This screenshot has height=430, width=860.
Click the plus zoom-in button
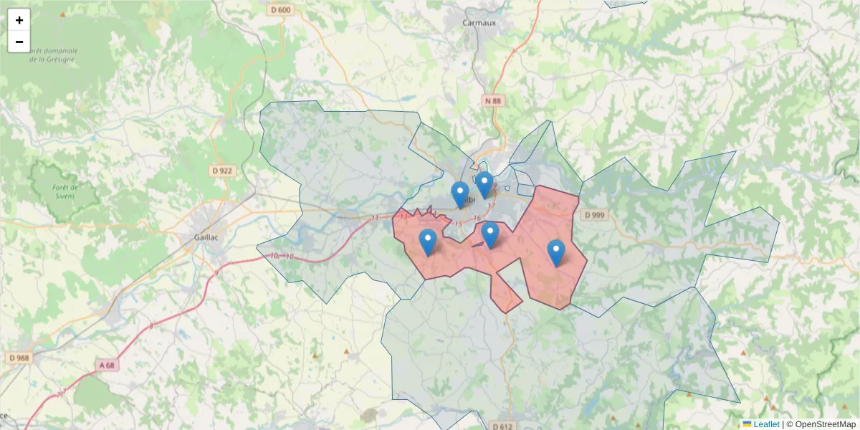click(x=19, y=20)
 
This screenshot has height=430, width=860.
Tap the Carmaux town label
click(x=479, y=22)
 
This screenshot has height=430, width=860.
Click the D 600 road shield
click(x=282, y=9)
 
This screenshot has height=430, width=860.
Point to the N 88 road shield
click(x=492, y=101)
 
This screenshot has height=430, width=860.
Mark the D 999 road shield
click(x=595, y=215)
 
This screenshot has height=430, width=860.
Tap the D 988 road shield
click(x=19, y=357)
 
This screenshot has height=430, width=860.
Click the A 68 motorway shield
click(x=106, y=365)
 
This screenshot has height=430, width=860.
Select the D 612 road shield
click(x=503, y=426)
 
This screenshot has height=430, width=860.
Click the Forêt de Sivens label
click(x=65, y=191)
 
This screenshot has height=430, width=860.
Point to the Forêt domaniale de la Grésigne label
click(x=54, y=55)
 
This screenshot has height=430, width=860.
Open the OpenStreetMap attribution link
click(x=825, y=424)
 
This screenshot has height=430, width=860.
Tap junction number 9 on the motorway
click(x=216, y=273)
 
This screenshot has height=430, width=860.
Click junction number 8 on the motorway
click(x=151, y=326)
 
